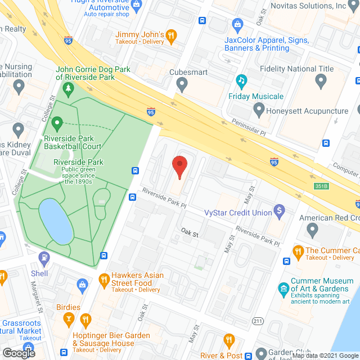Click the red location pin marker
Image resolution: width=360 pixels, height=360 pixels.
pyautogui.click(x=179, y=166)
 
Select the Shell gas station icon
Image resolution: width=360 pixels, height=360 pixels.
pyautogui.click(x=43, y=259)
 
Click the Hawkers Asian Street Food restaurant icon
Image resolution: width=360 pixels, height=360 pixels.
pyautogui.click(x=103, y=278)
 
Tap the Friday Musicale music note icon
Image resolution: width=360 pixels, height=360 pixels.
pyautogui.click(x=242, y=81)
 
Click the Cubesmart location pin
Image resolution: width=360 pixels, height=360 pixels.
pyautogui.click(x=181, y=85)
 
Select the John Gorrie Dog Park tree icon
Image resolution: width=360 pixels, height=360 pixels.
pyautogui.click(x=68, y=88)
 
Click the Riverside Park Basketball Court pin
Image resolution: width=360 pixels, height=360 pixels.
pyautogui.click(x=56, y=123)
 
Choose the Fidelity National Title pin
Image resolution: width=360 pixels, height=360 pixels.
pyautogui.click(x=321, y=82)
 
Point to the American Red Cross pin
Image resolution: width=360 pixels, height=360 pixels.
pyautogui.click(x=313, y=229)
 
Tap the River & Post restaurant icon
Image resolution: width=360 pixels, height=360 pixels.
pyautogui.click(x=228, y=340)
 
